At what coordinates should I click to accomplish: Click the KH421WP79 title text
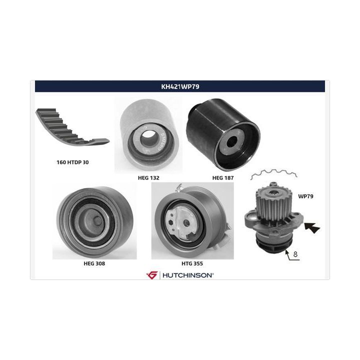pyautogui.click(x=180, y=86)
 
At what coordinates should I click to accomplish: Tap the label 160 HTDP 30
pyautogui.click(x=72, y=162)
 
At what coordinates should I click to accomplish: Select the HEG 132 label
pyautogui.click(x=148, y=178)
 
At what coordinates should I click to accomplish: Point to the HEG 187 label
pyautogui.click(x=223, y=178)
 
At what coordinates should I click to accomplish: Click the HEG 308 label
pyautogui.click(x=94, y=263)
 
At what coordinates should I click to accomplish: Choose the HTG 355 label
pyautogui.click(x=192, y=263)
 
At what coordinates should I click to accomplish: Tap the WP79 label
pyautogui.click(x=305, y=196)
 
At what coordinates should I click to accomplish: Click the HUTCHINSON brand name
pyautogui.click(x=188, y=275)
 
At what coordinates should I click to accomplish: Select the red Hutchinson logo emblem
pyautogui.click(x=152, y=275)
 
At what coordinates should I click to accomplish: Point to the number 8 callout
pyautogui.click(x=295, y=254)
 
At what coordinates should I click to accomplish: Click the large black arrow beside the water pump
pyautogui.click(x=312, y=227)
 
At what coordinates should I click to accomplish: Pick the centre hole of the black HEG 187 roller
pyautogui.click(x=232, y=141)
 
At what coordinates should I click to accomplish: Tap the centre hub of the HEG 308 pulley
pyautogui.click(x=97, y=220)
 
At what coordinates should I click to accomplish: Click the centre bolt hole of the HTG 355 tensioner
pyautogui.click(x=186, y=223)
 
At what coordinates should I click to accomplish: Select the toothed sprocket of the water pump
pyautogui.click(x=273, y=202)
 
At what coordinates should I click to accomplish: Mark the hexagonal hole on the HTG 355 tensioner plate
pyautogui.click(x=171, y=223)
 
